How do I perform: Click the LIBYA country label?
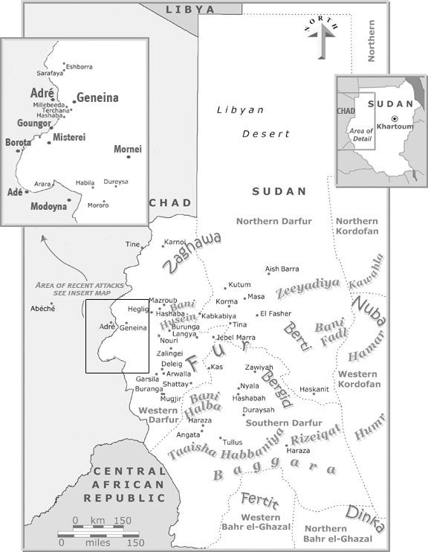pos(189,10)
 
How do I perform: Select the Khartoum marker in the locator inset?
pos(395,118)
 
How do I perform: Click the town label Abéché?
pos(42,309)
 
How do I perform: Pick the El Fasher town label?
pos(276,313)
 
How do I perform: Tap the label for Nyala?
pos(249,386)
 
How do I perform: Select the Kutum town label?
pos(239,285)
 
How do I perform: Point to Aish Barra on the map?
pos(282,269)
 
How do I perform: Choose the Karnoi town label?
pos(175,242)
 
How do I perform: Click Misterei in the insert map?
pos(69,137)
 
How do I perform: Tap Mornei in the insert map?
pos(127,150)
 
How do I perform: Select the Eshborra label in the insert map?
pos(79,67)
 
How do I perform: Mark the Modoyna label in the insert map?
pos(48,206)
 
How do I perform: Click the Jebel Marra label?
pos(235,338)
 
